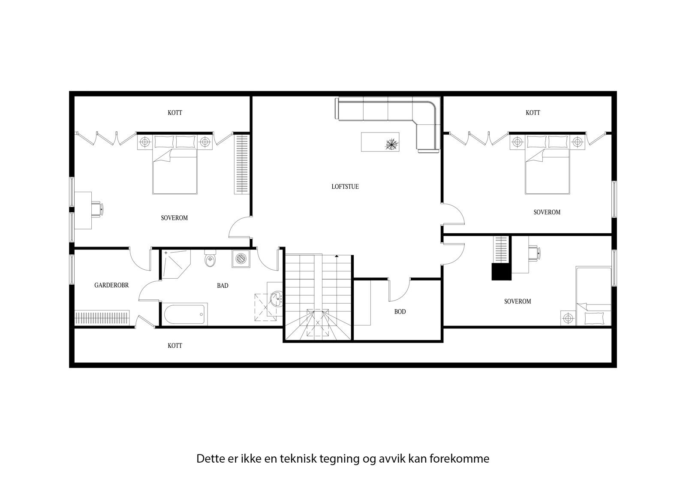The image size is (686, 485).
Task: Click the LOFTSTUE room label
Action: click(345, 187)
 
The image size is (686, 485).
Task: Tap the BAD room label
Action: click(223, 285)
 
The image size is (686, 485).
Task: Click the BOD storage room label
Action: click(400, 312)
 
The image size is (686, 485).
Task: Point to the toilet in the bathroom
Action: click(210, 259)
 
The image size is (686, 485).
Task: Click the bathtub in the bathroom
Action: click(184, 314)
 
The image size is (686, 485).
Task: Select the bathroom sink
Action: click(276, 298)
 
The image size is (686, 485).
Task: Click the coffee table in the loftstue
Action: click(381, 142)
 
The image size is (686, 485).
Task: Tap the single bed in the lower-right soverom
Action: click(593, 296)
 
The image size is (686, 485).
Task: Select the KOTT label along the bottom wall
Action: click(175, 346)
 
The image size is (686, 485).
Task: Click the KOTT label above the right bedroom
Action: click(533, 113)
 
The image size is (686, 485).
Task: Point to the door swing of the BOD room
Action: click(399, 292)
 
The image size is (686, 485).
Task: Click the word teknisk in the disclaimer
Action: click(297, 459)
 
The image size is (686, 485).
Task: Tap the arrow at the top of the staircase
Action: click(337, 256)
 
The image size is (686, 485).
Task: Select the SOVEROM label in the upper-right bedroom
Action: click(547, 212)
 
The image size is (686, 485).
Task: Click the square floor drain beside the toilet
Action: click(240, 259)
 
